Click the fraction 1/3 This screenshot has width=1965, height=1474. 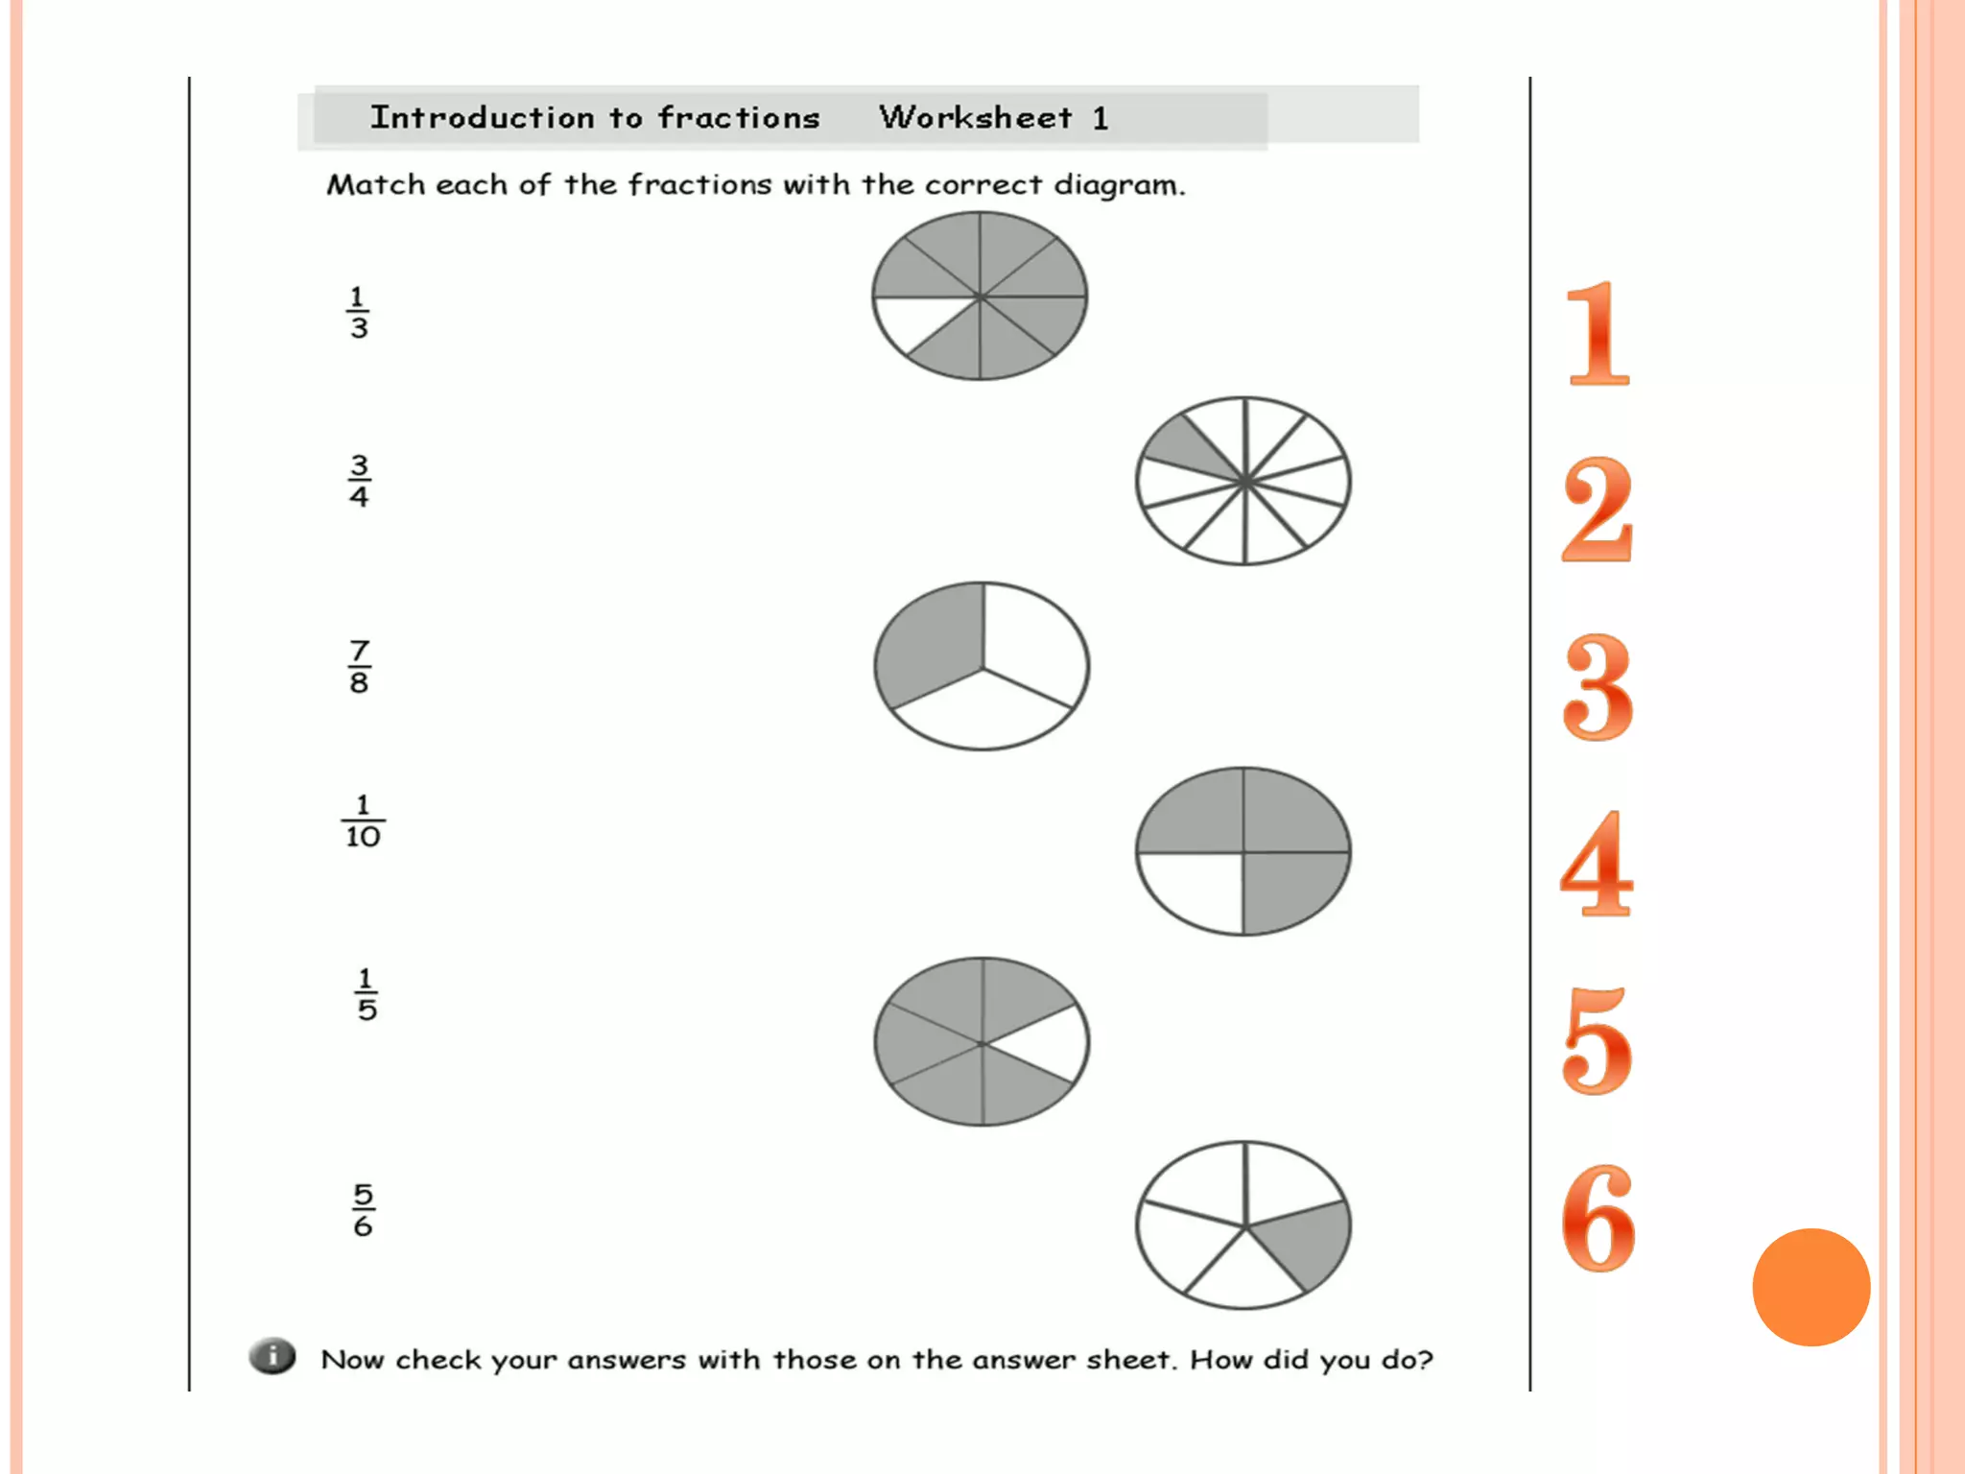[358, 313]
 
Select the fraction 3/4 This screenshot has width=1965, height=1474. [358, 481]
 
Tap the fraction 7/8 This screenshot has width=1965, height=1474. [359, 666]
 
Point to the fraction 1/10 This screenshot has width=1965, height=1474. [363, 821]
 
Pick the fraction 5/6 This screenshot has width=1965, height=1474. [363, 1210]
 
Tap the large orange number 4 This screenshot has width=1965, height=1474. [1596, 864]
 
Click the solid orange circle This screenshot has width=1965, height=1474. [1811, 1287]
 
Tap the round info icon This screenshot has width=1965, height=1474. [273, 1356]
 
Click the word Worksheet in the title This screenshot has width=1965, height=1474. [975, 117]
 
